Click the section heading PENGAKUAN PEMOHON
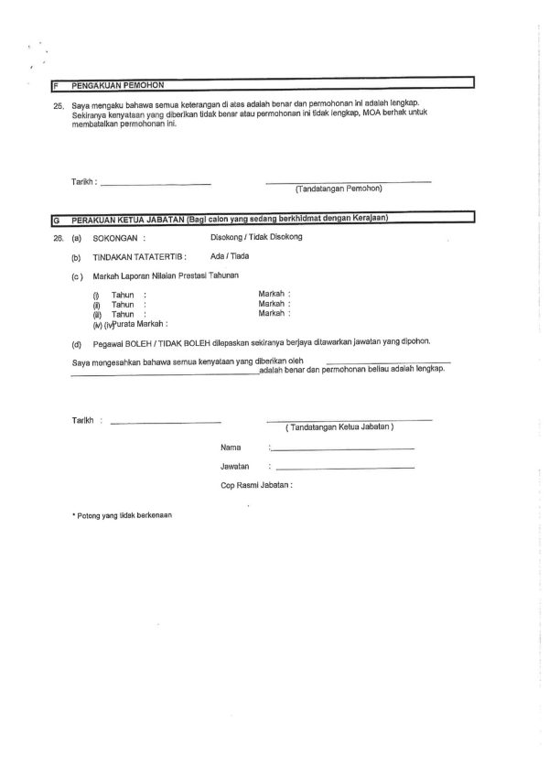[x=112, y=84]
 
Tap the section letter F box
[x=57, y=84]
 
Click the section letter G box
[x=57, y=218]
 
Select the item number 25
[x=58, y=106]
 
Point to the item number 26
[x=58, y=237]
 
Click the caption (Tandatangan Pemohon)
[x=339, y=189]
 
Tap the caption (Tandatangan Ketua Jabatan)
[x=339, y=427]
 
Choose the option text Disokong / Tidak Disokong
[x=256, y=236]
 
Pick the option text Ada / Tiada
[x=229, y=256]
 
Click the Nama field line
[x=343, y=449]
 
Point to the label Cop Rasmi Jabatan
[x=256, y=486]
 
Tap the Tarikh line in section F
[x=156, y=184]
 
